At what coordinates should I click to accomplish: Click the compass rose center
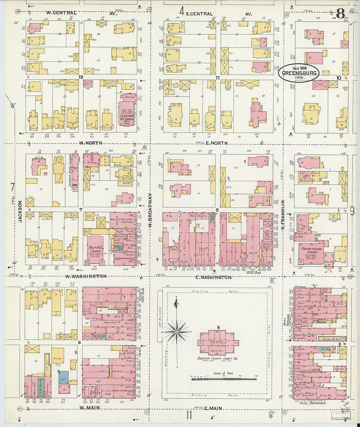(177, 332)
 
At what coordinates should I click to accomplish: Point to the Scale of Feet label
(224, 373)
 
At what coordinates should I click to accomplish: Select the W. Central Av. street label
(61, 13)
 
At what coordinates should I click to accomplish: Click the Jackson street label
(20, 211)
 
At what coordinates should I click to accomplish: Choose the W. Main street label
(89, 408)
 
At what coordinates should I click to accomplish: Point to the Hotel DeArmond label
(313, 403)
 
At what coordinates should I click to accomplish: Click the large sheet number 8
(340, 14)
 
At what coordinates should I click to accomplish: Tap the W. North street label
(91, 143)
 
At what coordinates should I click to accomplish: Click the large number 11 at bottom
(189, 416)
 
